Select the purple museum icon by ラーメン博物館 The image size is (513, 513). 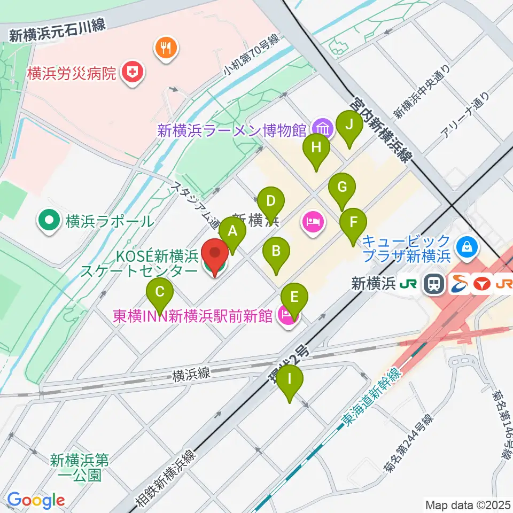323,129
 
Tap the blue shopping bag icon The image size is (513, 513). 467,247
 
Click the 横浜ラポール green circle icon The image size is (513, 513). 50,221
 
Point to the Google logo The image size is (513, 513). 36,500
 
